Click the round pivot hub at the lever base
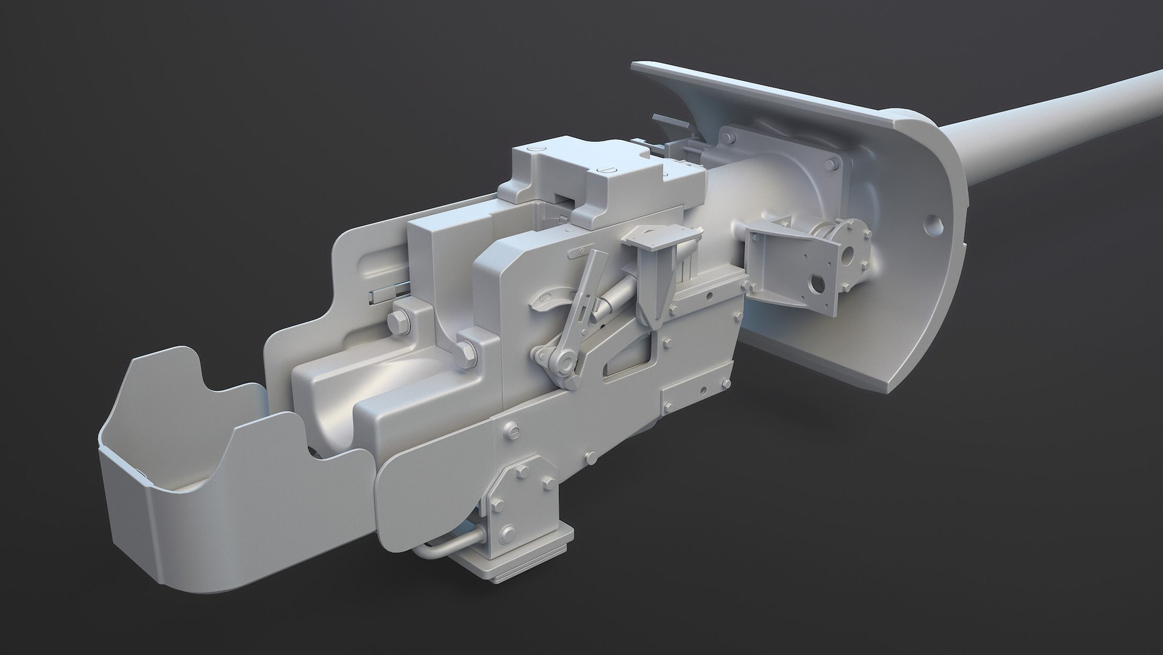[x=564, y=361]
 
